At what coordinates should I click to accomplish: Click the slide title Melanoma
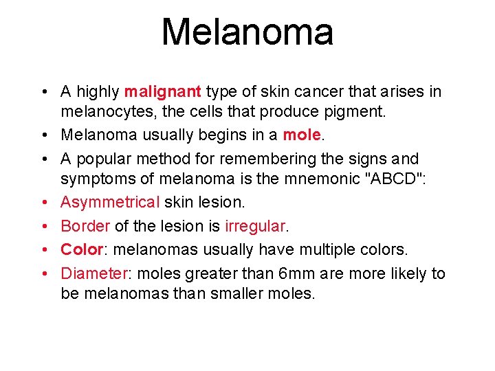click(x=247, y=32)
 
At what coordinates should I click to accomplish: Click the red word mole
click(x=302, y=135)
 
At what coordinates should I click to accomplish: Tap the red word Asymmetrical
click(x=110, y=203)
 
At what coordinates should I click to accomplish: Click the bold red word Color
click(x=81, y=250)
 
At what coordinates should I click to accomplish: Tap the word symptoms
click(x=100, y=179)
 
